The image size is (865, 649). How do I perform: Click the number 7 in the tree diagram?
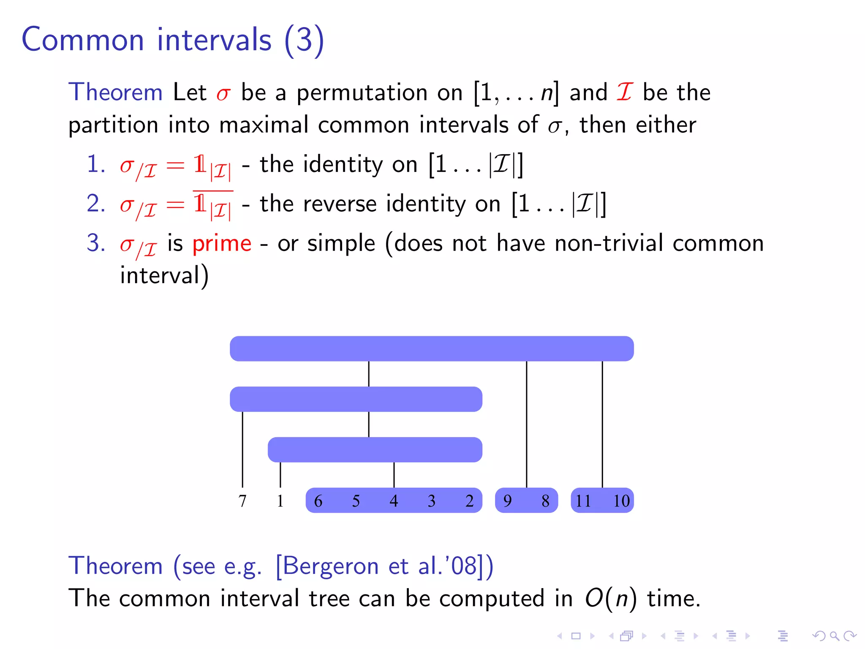(242, 501)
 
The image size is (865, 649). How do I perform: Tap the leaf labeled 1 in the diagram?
(280, 501)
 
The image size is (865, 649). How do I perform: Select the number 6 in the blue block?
(318, 501)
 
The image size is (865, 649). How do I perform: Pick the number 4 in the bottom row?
(394, 501)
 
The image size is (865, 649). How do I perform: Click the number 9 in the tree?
(507, 501)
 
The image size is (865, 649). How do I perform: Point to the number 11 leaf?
(583, 501)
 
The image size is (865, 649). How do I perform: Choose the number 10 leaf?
(621, 501)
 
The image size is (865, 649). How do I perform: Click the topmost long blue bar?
(432, 349)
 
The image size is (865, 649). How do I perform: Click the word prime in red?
(222, 244)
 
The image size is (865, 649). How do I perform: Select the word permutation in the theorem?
(362, 93)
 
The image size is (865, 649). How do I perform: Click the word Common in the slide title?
(83, 40)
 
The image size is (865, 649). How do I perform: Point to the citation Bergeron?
(331, 566)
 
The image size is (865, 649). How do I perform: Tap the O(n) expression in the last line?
(610, 599)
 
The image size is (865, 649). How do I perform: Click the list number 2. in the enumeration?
(96, 204)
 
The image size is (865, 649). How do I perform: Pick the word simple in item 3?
(341, 244)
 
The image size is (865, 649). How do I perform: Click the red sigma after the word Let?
(223, 94)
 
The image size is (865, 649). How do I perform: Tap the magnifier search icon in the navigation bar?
(834, 636)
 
